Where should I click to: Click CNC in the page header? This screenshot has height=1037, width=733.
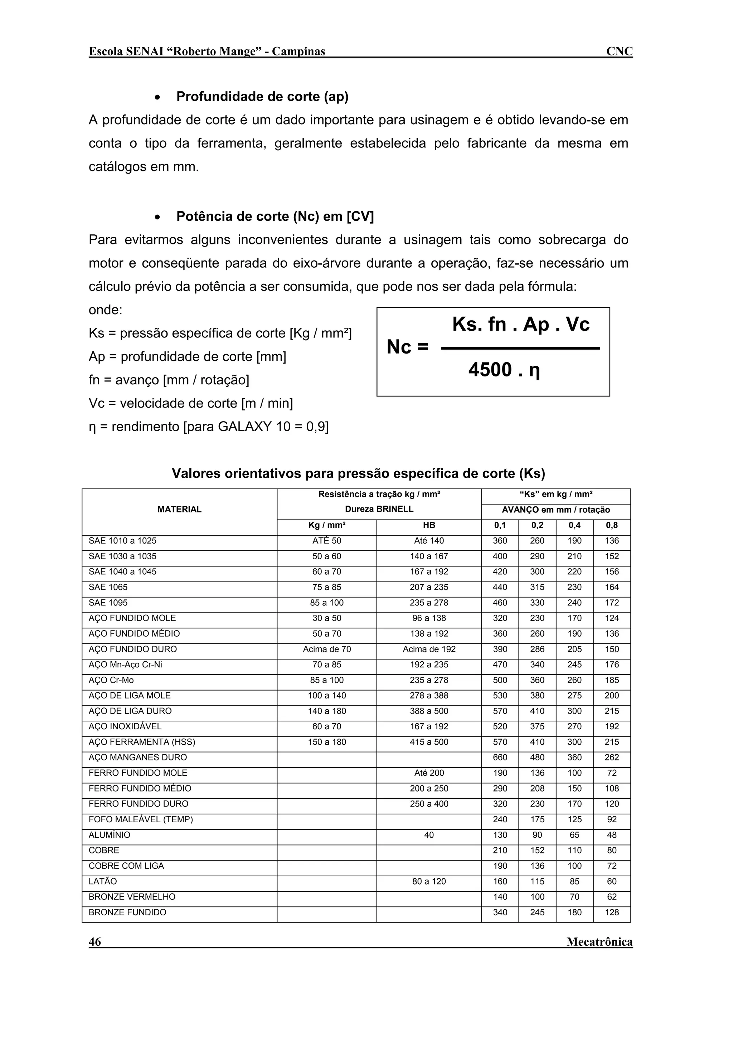[619, 52]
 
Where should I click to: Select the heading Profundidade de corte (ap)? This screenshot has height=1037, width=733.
[262, 97]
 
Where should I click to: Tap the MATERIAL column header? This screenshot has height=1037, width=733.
[179, 510]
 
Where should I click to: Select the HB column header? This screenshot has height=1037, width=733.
[429, 525]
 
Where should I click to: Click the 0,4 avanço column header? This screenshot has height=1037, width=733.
[574, 525]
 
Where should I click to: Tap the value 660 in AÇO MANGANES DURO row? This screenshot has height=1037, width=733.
[500, 758]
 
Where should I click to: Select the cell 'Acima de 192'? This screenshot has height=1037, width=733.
[429, 649]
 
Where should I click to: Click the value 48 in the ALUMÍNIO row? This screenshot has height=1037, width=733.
[612, 835]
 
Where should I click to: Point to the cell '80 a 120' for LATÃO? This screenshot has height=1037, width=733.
[429, 882]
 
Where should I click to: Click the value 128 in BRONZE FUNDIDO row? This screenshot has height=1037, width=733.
[612, 912]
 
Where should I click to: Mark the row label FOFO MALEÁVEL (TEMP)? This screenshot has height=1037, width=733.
[140, 819]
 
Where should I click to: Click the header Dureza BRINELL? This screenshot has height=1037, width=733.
[379, 510]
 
